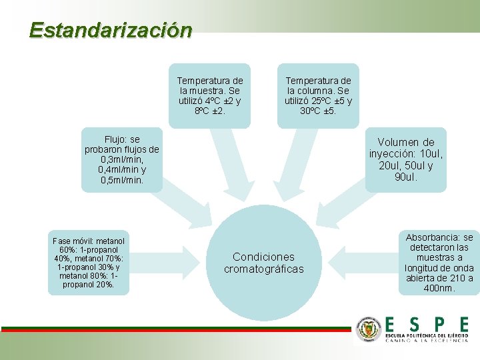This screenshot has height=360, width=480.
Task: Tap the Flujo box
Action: (x=121, y=160)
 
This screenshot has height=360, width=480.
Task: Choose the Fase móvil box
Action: (x=89, y=262)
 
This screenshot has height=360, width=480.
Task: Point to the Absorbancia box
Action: (x=439, y=262)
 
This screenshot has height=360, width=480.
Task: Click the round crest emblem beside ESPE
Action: (x=367, y=329)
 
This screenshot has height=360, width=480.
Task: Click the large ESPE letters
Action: (x=427, y=324)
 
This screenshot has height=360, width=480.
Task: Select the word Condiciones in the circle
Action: (x=263, y=257)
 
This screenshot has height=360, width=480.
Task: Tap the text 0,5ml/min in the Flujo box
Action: (x=122, y=180)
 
